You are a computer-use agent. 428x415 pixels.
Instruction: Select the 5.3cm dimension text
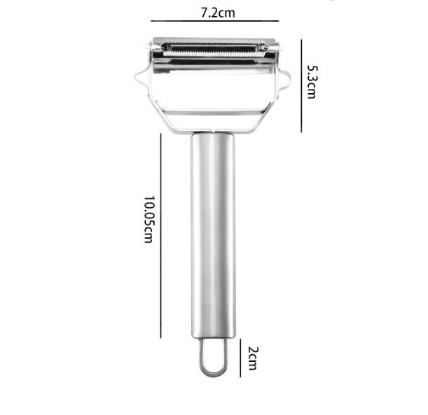pyautogui.click(x=312, y=82)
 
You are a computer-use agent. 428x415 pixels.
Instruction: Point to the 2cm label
pyautogui.click(x=253, y=360)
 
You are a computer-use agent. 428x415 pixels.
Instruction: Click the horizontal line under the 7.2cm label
pyautogui.click(x=215, y=21)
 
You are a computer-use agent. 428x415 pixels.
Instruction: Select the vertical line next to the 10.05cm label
pyautogui.click(x=160, y=236)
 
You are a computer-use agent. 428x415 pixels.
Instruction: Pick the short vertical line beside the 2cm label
pyautogui.click(x=240, y=358)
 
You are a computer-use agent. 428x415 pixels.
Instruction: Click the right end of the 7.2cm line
pyautogui.click(x=278, y=21)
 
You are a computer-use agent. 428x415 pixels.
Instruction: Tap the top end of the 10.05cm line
pyautogui.click(x=160, y=134)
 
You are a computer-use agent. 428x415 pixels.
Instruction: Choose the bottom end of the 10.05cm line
pyautogui.click(x=160, y=337)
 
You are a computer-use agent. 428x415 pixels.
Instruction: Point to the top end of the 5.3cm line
pyautogui.click(x=301, y=39)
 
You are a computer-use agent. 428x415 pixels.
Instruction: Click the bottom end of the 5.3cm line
pyautogui.click(x=301, y=132)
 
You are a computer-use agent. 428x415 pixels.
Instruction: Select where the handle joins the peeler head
pyautogui.click(x=213, y=132)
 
